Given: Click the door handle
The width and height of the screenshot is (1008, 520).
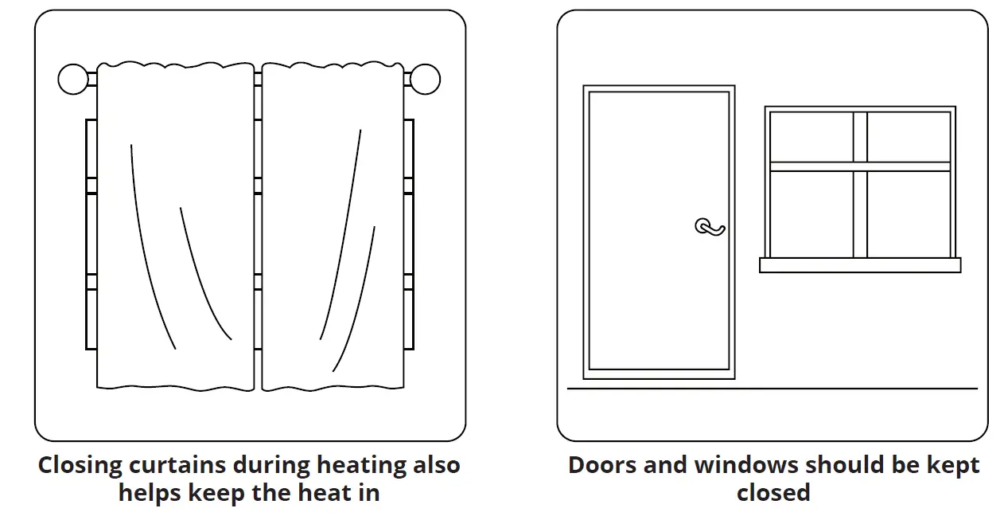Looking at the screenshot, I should (710, 228).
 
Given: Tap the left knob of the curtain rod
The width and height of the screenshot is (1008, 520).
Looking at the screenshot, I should (73, 80).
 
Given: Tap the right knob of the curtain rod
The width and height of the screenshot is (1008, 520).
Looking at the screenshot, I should (425, 80).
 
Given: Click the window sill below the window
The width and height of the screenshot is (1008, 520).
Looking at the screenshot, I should (860, 265).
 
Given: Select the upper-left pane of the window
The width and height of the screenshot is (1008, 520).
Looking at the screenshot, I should (811, 137).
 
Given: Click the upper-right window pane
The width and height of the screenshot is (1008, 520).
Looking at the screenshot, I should (909, 137).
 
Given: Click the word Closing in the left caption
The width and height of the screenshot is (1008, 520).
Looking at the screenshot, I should (80, 465).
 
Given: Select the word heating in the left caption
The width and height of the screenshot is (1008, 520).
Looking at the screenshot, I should (362, 465).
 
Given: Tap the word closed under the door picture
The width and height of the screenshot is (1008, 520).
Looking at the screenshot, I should (773, 492).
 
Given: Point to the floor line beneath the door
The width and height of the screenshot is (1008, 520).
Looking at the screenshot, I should (772, 389).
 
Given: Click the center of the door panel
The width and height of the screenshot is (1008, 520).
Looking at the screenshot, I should (659, 231).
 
